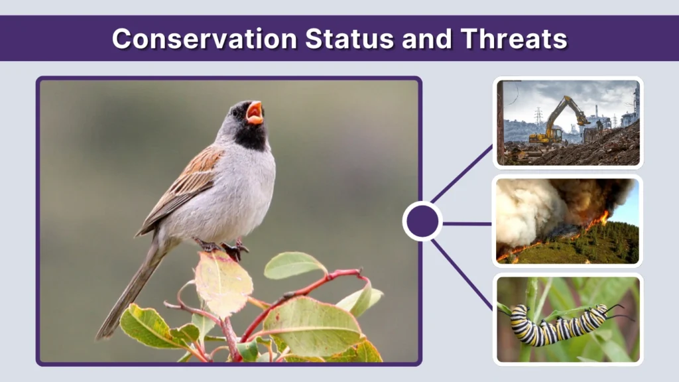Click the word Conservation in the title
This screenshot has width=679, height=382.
[205, 38]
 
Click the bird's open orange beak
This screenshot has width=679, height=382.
[254, 113]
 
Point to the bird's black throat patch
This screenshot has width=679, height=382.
[251, 136]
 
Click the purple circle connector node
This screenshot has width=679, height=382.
[422, 222]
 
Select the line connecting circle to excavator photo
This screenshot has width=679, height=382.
[461, 175]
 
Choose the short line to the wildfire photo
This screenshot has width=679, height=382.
[467, 223]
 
